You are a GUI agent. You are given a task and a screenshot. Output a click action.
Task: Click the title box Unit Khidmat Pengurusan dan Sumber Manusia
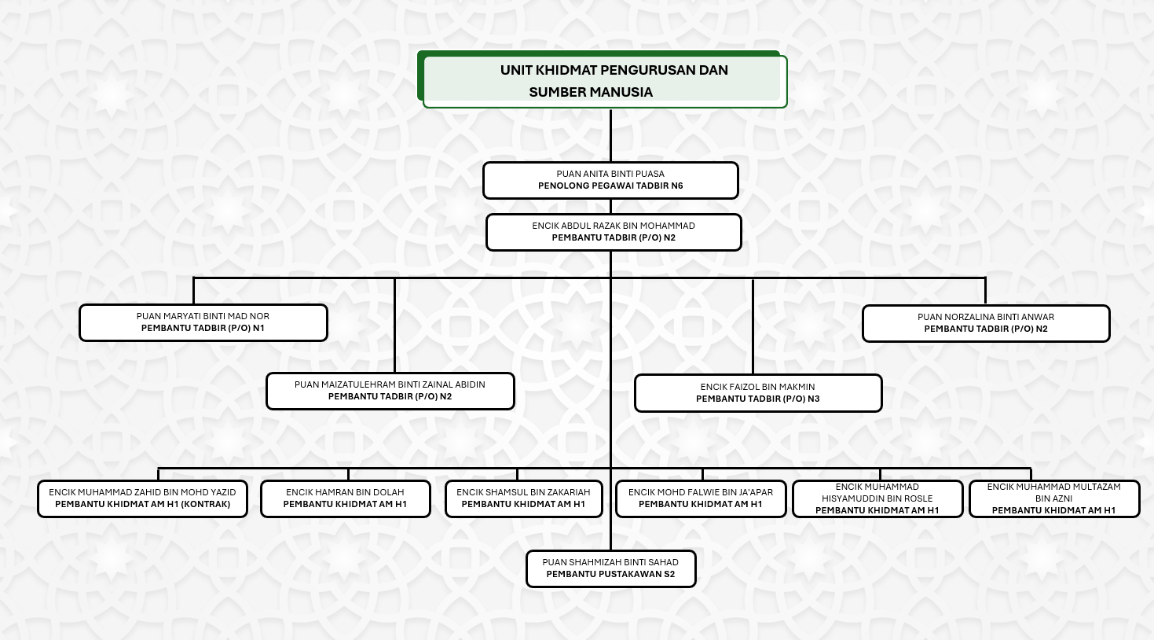click(x=603, y=80)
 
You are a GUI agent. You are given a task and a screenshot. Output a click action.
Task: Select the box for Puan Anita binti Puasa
click(x=610, y=180)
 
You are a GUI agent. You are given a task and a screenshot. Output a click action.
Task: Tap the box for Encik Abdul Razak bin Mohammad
click(x=614, y=232)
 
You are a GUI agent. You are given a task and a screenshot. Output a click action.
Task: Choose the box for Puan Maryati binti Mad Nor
click(x=203, y=322)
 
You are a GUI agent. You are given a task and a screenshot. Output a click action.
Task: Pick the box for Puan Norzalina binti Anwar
click(x=986, y=323)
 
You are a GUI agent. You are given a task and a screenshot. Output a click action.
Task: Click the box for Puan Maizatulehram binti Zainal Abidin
click(x=390, y=391)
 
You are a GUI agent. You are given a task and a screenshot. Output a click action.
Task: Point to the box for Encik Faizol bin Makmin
click(x=758, y=393)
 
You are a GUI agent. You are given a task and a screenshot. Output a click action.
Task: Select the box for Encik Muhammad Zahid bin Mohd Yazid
click(x=142, y=498)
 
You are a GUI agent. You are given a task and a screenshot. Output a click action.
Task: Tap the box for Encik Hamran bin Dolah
click(x=345, y=498)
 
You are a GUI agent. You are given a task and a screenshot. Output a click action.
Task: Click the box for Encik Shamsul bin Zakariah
click(x=523, y=498)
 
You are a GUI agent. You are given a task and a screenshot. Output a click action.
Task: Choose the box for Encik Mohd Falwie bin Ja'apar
click(x=701, y=498)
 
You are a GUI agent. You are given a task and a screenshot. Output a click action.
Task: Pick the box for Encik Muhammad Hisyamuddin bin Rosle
click(x=877, y=498)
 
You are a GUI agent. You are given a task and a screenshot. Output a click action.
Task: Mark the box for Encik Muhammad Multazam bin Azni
click(x=1054, y=498)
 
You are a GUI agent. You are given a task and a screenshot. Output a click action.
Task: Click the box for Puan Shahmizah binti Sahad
click(x=610, y=568)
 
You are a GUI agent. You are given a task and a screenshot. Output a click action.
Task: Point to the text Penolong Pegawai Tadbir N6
click(x=610, y=186)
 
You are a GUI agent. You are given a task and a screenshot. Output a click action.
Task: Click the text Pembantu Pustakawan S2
click(x=610, y=575)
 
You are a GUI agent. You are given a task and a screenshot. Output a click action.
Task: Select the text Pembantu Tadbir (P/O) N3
click(x=758, y=399)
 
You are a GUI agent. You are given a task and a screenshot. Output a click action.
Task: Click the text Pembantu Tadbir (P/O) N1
click(x=203, y=329)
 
